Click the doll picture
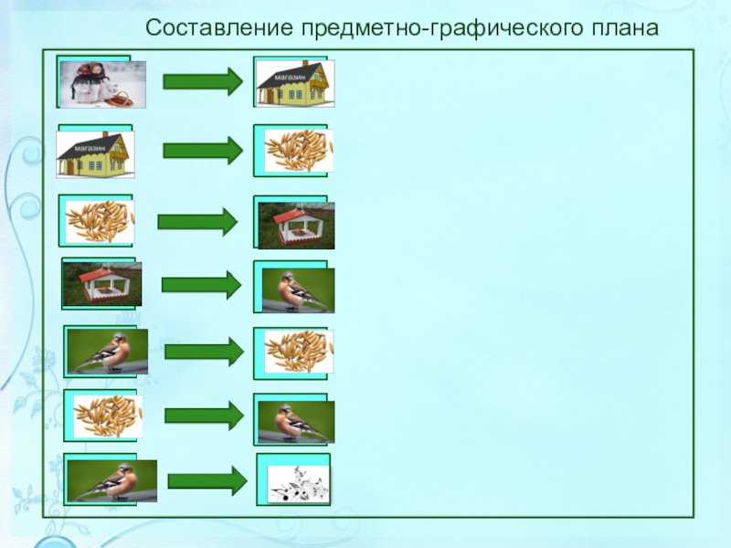click(x=101, y=84)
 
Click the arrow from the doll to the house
click(x=202, y=81)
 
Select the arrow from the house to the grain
click(x=202, y=151)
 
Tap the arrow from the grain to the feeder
click(x=197, y=221)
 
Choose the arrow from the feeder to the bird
click(x=201, y=285)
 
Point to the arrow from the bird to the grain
click(x=203, y=351)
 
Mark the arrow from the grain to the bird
click(x=204, y=416)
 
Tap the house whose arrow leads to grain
click(x=95, y=154)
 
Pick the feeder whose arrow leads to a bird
click(x=101, y=284)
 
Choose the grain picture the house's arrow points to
click(x=298, y=151)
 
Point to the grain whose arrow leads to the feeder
click(x=99, y=222)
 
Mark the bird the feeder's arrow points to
click(x=298, y=290)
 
